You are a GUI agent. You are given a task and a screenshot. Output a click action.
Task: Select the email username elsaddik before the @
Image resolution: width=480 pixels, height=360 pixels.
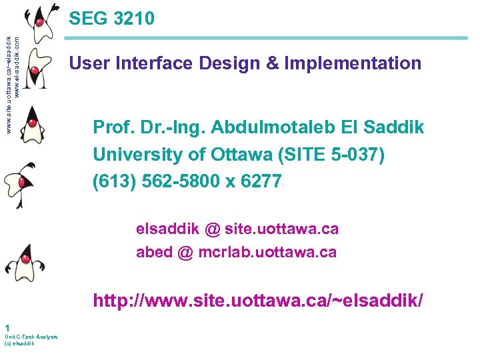[167, 229]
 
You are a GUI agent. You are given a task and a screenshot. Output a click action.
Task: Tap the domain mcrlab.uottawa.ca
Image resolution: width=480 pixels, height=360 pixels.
[267, 253]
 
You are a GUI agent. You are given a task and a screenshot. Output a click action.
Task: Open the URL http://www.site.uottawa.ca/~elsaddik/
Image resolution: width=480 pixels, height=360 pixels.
[258, 300]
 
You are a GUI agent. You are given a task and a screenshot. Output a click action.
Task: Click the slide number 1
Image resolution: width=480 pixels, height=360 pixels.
[6, 327]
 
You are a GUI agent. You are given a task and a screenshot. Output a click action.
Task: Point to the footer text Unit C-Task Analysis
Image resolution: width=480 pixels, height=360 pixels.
[31, 337]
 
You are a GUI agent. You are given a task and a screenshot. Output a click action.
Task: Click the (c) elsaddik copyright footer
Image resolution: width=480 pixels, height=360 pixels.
[19, 343]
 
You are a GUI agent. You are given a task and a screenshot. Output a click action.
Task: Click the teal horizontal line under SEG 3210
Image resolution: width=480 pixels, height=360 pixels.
[267, 39]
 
